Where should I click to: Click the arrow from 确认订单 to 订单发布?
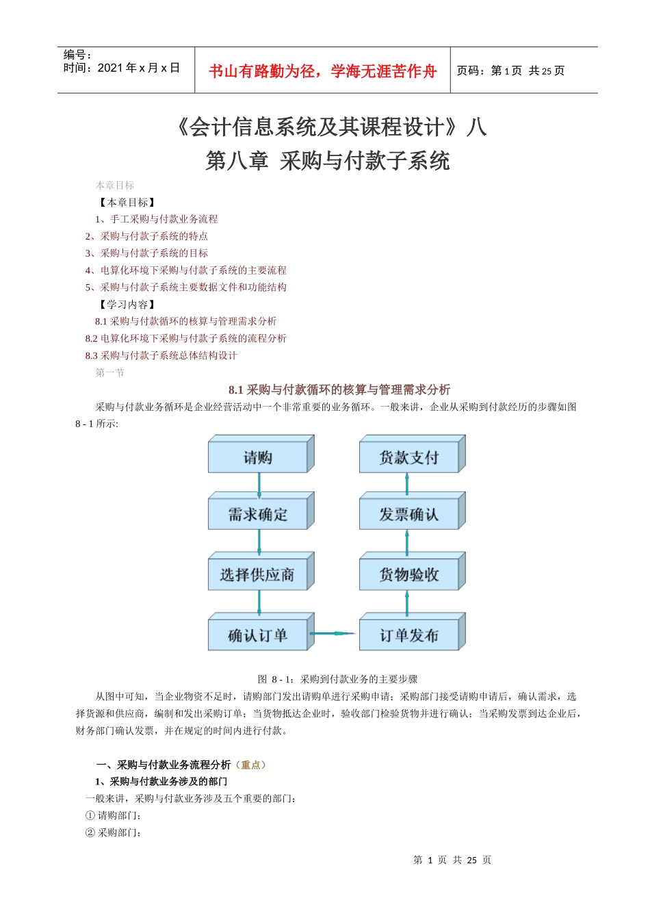tap(335, 633)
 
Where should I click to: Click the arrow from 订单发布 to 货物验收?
tap(407, 602)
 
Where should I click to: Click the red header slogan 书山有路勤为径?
tap(322, 71)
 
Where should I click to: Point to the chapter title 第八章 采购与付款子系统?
tap(328, 161)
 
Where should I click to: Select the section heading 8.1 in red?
tap(339, 389)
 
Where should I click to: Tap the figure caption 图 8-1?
tap(337, 679)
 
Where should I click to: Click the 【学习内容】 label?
tap(127, 304)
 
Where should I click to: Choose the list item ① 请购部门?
tap(114, 815)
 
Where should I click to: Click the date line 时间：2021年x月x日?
tap(122, 68)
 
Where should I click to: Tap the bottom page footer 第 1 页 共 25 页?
tap(452, 860)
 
